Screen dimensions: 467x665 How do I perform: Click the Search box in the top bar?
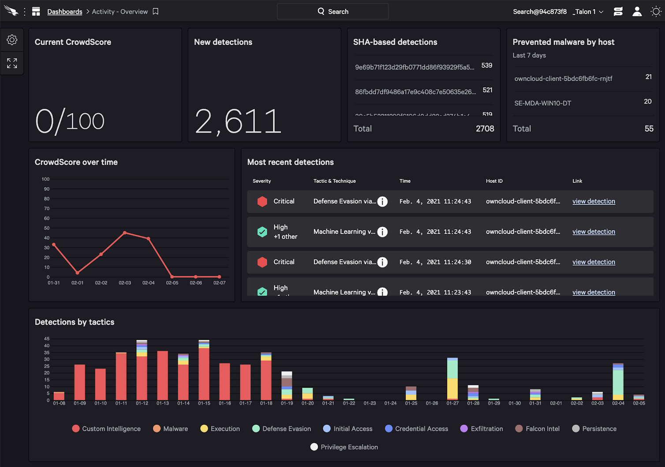click(x=332, y=11)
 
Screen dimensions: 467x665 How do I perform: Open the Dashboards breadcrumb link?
click(x=64, y=11)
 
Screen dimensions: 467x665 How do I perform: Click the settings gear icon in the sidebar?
click(x=12, y=40)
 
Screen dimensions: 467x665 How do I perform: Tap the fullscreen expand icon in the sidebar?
click(x=12, y=63)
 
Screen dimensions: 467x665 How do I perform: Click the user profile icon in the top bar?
click(x=637, y=11)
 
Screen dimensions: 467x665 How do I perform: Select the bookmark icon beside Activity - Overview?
click(x=156, y=11)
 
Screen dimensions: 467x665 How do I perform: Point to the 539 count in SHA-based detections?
click(x=486, y=65)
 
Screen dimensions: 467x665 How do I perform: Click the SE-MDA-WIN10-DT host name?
click(x=542, y=103)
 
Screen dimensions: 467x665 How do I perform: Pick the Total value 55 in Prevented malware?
click(x=649, y=129)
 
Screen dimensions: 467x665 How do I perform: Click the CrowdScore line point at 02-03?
click(x=125, y=233)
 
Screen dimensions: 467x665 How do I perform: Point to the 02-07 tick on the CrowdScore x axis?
click(x=219, y=283)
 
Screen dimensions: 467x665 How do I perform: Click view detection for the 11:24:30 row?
click(x=594, y=262)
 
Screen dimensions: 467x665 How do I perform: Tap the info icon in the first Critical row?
click(x=382, y=201)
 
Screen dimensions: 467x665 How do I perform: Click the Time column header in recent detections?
click(x=405, y=181)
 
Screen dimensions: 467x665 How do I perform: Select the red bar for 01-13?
click(x=163, y=375)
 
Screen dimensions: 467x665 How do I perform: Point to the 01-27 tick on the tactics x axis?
click(x=452, y=403)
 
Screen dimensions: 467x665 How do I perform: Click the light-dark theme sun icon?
click(x=656, y=11)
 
